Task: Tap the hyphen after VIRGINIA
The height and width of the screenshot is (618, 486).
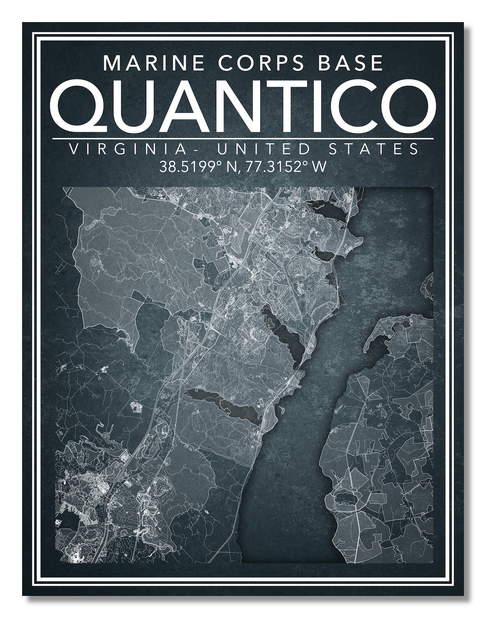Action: pos(182,150)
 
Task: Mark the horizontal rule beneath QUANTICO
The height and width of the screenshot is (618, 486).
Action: pos(243,138)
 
